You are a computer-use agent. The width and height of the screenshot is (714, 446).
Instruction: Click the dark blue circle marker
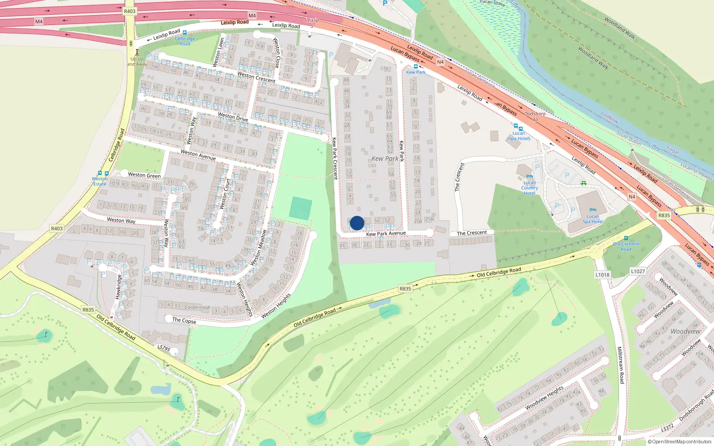point(357,223)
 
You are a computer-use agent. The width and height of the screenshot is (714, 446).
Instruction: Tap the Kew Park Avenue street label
point(386,233)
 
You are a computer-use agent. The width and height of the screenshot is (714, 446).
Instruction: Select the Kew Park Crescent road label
point(334,158)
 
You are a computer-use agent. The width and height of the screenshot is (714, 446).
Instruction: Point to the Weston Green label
point(144,175)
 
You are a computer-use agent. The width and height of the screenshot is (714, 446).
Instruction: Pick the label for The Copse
point(184,320)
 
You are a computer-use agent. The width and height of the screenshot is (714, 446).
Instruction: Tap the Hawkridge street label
point(118,287)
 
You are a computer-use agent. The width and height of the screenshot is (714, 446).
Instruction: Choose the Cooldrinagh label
point(197,307)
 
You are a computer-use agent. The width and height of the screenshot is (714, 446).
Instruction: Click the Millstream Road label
point(620,365)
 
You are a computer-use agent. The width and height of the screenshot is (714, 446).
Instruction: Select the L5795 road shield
point(164,348)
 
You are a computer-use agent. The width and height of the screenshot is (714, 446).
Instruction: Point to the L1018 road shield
point(602,275)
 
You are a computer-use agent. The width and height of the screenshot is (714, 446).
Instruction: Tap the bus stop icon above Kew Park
point(416,66)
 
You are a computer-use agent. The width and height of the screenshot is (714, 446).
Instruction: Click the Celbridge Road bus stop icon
point(185,33)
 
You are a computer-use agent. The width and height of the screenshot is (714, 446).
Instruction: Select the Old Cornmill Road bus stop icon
point(626,238)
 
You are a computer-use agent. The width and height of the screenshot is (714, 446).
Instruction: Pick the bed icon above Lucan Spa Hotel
point(593,210)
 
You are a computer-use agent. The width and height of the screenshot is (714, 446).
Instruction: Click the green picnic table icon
point(583,183)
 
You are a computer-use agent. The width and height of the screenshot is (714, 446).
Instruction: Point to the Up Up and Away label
point(137,61)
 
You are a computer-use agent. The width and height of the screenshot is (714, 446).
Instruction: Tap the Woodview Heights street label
point(544,398)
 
